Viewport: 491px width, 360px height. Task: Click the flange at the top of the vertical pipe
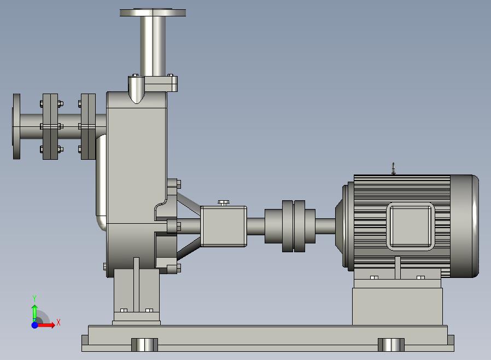tap(153, 13)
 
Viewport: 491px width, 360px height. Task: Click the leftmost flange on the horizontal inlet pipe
tap(16, 126)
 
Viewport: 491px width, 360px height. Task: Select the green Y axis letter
tap(34, 298)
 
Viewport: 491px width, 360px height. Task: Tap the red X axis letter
tap(59, 322)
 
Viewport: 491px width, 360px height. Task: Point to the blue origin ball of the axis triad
tap(35, 325)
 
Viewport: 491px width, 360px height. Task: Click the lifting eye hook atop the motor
tap(393, 169)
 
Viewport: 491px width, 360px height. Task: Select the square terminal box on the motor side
tap(410, 227)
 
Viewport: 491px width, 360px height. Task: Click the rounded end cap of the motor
tap(464, 226)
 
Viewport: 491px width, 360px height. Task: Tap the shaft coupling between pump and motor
tap(290, 226)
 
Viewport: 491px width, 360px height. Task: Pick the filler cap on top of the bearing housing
tap(223, 203)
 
